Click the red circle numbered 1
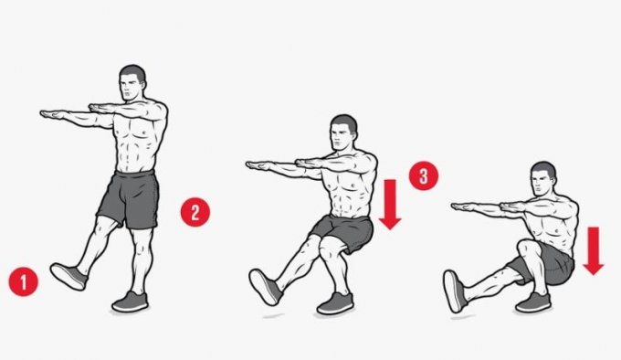point(24,282)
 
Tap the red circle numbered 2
point(195,212)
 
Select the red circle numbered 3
point(424,175)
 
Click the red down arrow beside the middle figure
point(390,205)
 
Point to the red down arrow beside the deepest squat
point(593,250)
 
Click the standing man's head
point(132,83)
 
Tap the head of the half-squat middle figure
point(343,132)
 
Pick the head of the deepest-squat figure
point(543,179)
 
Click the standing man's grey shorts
point(129,199)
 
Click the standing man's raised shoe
point(68,276)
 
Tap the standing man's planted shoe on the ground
point(131,302)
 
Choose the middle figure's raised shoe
point(266,287)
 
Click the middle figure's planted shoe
point(335,303)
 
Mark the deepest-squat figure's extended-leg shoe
point(456,291)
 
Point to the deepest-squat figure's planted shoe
point(533,302)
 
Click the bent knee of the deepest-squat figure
point(528,249)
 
